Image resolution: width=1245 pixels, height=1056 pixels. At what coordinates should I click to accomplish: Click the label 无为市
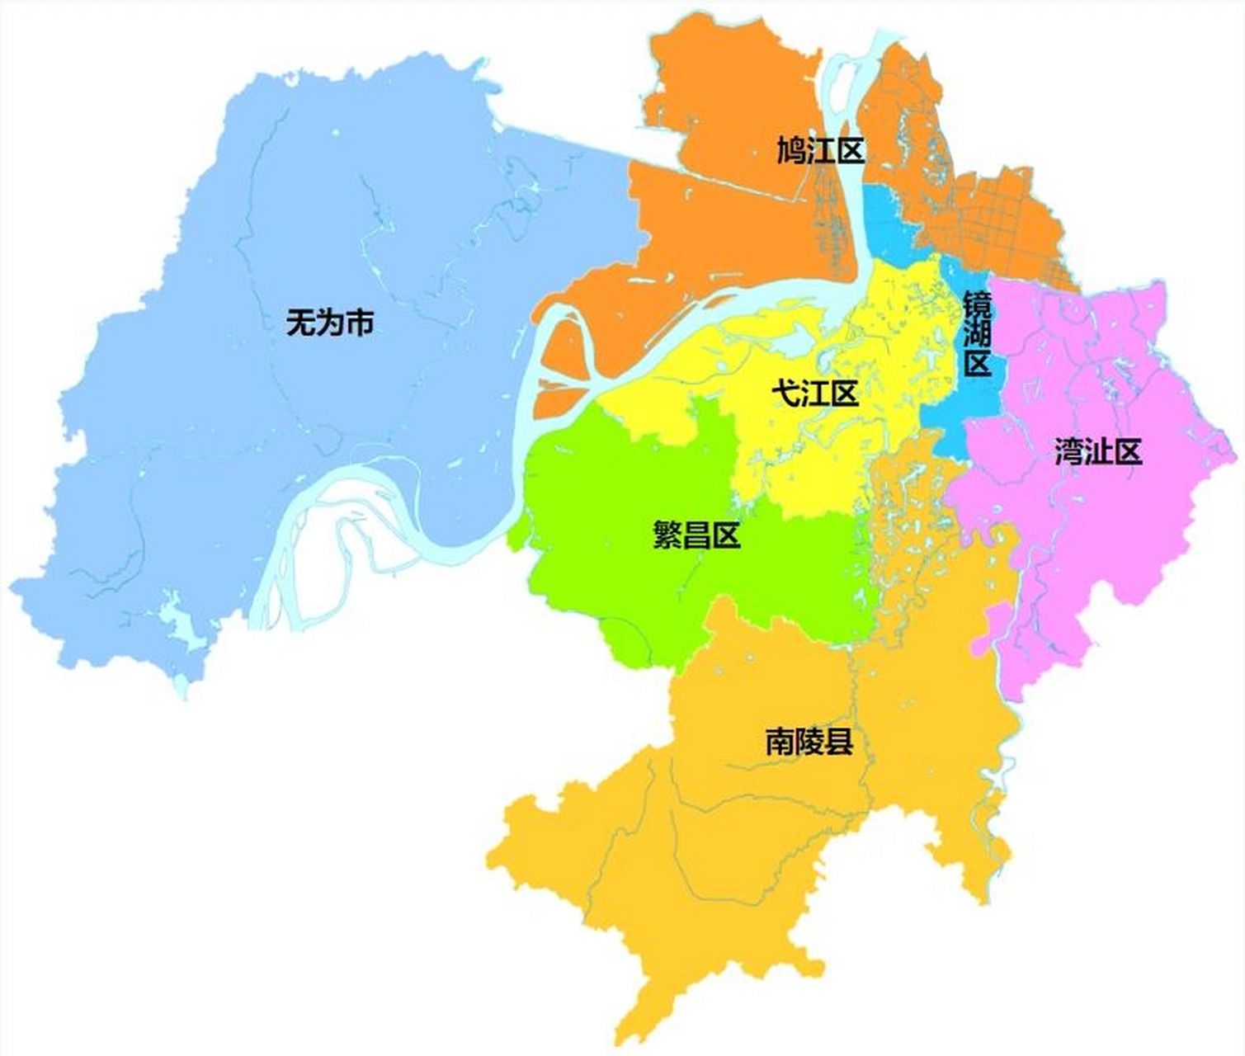click(329, 323)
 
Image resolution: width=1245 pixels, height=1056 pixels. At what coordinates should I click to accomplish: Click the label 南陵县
click(809, 743)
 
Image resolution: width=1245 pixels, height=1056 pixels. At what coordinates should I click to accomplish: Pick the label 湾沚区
click(1098, 452)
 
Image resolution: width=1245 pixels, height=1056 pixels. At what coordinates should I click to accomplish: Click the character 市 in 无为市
click(359, 323)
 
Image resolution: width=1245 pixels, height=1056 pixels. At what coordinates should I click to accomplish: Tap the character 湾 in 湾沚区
click(1069, 452)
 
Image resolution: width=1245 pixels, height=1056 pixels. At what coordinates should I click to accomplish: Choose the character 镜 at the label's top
click(978, 304)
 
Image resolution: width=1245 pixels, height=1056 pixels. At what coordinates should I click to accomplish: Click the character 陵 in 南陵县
click(809, 743)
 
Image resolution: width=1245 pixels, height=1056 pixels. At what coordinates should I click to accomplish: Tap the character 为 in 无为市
click(329, 323)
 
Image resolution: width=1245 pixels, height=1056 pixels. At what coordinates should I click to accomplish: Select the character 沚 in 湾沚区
click(1098, 452)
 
